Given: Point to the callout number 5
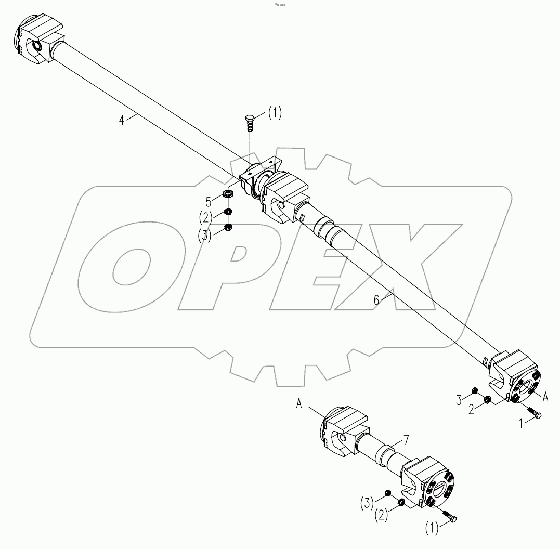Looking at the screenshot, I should [x=209, y=199].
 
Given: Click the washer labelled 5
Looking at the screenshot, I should [x=228, y=194].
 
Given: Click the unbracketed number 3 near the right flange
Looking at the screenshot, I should [x=460, y=400].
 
